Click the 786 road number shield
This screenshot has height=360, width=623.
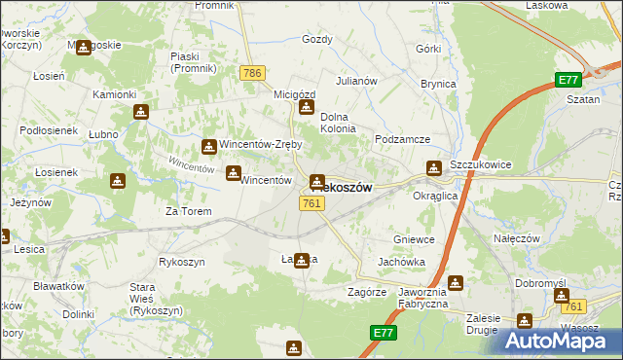[253, 73]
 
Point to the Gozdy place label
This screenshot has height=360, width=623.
[317, 40]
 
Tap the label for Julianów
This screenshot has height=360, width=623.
[356, 81]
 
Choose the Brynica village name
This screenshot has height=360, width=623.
[438, 84]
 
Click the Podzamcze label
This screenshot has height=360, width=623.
[402, 139]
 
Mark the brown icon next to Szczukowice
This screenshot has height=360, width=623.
[433, 168]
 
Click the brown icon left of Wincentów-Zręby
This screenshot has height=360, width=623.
[208, 147]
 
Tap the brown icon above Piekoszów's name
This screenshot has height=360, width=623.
[317, 181]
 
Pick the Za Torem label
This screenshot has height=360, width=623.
[188, 211]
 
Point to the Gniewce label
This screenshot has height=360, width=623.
[413, 239]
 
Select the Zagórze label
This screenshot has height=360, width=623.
[367, 292]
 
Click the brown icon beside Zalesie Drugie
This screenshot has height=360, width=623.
[526, 321]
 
